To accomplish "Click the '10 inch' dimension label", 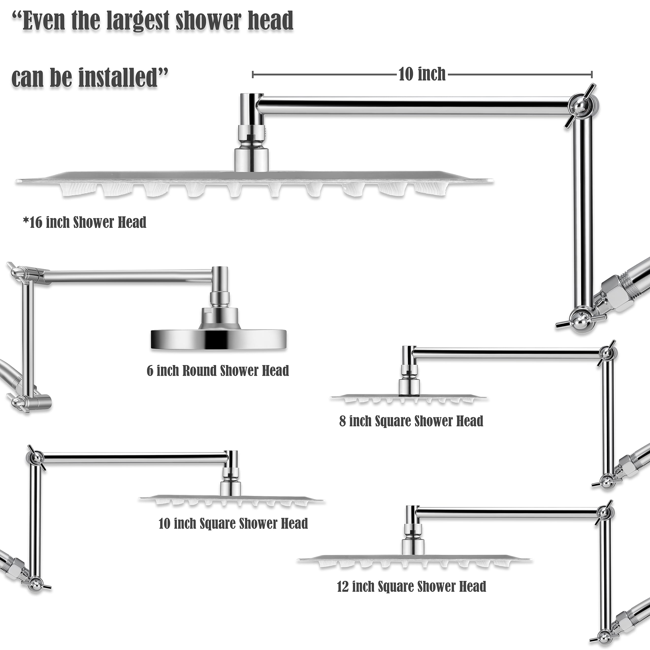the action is [422, 74].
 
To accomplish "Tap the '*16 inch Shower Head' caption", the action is [85, 222].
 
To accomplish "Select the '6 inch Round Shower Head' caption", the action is [218, 371].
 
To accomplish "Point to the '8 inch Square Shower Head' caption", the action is [411, 421].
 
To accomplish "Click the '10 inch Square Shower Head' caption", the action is [233, 524].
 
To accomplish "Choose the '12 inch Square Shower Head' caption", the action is [412, 587].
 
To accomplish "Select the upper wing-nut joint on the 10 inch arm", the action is [35, 457].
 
